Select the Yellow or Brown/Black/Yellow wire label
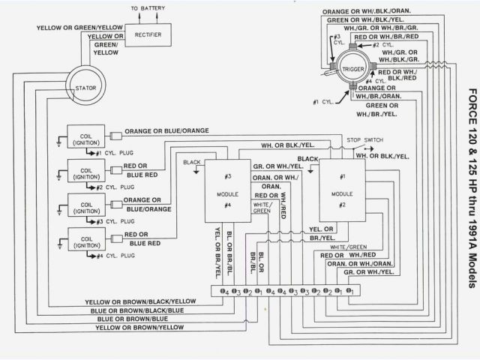click(140, 301)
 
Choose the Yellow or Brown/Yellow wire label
click(140, 328)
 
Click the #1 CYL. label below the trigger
click(325, 100)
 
